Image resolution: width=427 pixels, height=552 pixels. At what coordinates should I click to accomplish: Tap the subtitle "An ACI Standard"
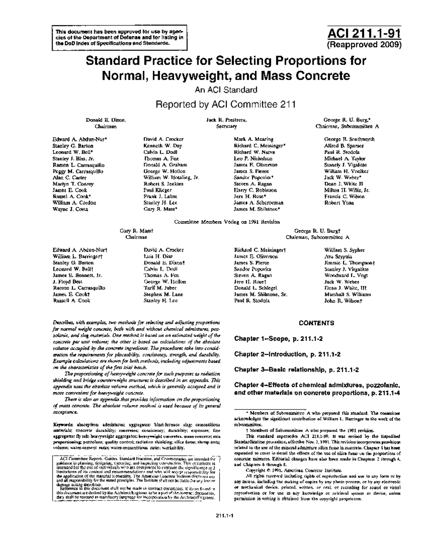[226, 90]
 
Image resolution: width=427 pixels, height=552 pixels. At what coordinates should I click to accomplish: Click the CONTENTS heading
[316, 323]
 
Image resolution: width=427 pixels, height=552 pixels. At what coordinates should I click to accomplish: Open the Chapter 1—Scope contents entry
[278, 339]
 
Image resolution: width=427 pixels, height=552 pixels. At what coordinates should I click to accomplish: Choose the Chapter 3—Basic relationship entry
[296, 370]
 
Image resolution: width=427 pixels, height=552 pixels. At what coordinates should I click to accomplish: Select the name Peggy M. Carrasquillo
[78, 171]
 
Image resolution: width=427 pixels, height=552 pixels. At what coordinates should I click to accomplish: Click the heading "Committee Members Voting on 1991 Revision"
[227, 222]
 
